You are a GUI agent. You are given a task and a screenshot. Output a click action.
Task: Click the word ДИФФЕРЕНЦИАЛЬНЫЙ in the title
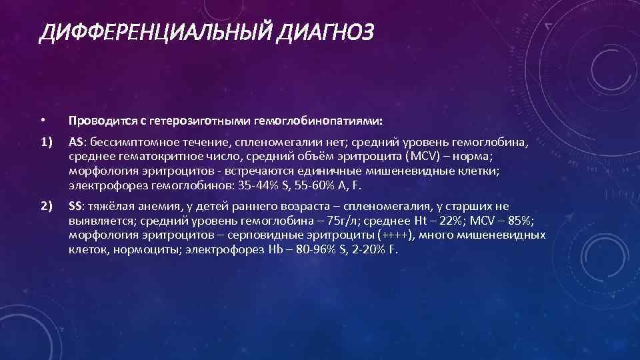(151, 31)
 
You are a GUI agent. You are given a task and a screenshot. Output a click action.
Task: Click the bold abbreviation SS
(76, 207)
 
